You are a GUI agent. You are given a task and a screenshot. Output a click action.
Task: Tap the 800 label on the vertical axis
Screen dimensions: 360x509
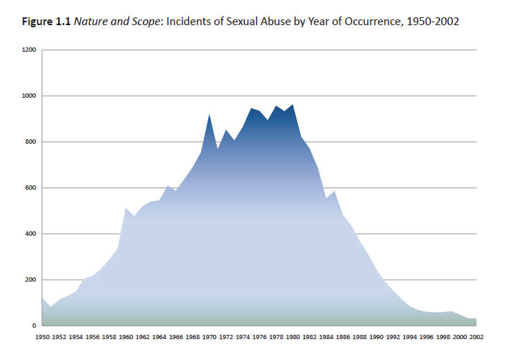tap(29, 142)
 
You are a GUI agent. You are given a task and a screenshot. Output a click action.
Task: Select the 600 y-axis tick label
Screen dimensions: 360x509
tap(29, 188)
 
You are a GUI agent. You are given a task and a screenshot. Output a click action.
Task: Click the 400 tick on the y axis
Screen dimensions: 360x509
tap(29, 234)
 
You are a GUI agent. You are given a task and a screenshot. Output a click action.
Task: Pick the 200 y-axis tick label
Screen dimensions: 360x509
tap(29, 280)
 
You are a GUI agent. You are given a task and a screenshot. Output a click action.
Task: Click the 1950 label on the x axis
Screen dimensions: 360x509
tap(43, 335)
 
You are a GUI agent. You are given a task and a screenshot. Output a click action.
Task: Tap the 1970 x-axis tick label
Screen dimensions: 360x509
tap(210, 335)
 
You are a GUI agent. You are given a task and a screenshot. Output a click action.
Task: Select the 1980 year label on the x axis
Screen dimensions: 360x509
tap(293, 335)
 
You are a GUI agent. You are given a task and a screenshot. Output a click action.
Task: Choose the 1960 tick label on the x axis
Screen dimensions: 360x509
tap(126, 335)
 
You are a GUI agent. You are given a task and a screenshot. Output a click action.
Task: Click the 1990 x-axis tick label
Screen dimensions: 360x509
tap(376, 335)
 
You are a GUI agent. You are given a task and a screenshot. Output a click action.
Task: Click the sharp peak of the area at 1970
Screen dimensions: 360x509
tap(209, 115)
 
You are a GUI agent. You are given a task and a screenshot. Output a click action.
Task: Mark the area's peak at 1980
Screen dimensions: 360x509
tap(293, 105)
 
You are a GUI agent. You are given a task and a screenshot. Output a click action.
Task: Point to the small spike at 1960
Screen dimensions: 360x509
tap(126, 208)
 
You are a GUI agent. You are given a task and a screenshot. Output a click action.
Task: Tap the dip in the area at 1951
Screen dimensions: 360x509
tap(50, 308)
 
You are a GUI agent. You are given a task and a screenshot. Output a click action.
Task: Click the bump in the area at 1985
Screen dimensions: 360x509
tap(335, 192)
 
